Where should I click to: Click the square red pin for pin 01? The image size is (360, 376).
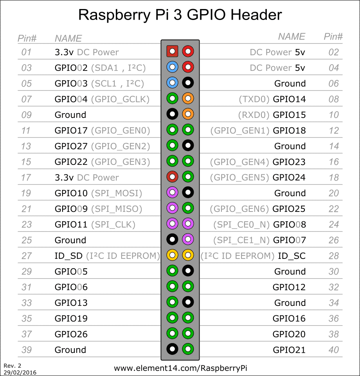pos(172,51)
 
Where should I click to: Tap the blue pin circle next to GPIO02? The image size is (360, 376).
pos(172,67)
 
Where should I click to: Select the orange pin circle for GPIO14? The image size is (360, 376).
pos(188,98)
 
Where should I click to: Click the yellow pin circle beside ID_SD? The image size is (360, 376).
pos(172,255)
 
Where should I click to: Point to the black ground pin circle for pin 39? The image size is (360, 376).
pos(172,349)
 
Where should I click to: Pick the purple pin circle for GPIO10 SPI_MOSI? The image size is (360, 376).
pos(172,192)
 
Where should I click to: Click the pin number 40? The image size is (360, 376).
pos(334,350)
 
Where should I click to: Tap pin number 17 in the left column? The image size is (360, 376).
pos(26,178)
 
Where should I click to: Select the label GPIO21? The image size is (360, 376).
pos(289,350)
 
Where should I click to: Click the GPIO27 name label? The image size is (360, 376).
pos(71,146)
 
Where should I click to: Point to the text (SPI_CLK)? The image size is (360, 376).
pos(113,225)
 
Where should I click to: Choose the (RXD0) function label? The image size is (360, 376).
pos(254,115)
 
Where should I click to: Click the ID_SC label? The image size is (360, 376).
pos(292,256)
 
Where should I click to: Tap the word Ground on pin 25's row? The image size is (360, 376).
pos(70,240)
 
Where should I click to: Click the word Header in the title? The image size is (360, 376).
pos(256,15)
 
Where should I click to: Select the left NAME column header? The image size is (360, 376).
pos(68,39)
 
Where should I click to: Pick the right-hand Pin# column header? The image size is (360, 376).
pos(333,37)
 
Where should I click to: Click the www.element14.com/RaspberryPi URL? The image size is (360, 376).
pos(180,368)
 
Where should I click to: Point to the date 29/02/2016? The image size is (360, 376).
pos(20,372)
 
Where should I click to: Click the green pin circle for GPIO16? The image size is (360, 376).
pos(188,318)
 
